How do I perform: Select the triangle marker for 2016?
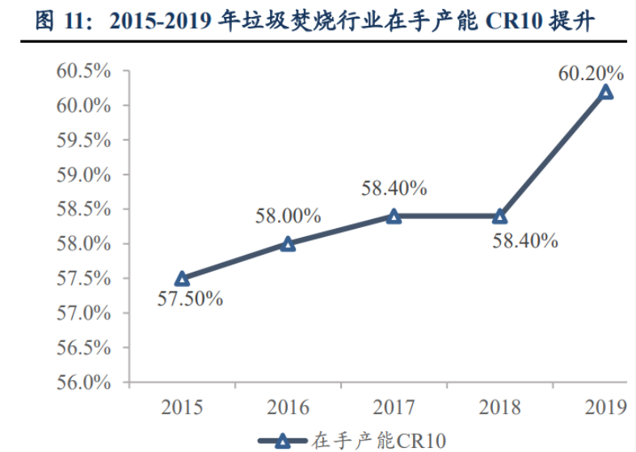288,243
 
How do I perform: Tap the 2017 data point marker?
394,216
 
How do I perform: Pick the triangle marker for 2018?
499,216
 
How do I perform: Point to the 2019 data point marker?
605,92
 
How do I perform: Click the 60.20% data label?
591,74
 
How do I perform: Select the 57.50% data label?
190,298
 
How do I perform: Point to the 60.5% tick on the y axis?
83,71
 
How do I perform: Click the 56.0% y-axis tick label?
83,382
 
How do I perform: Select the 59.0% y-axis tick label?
83,175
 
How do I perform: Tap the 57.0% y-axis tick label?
83,313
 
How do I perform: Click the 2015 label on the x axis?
182,407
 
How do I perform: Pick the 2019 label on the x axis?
605,407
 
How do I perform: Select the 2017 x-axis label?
394,407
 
